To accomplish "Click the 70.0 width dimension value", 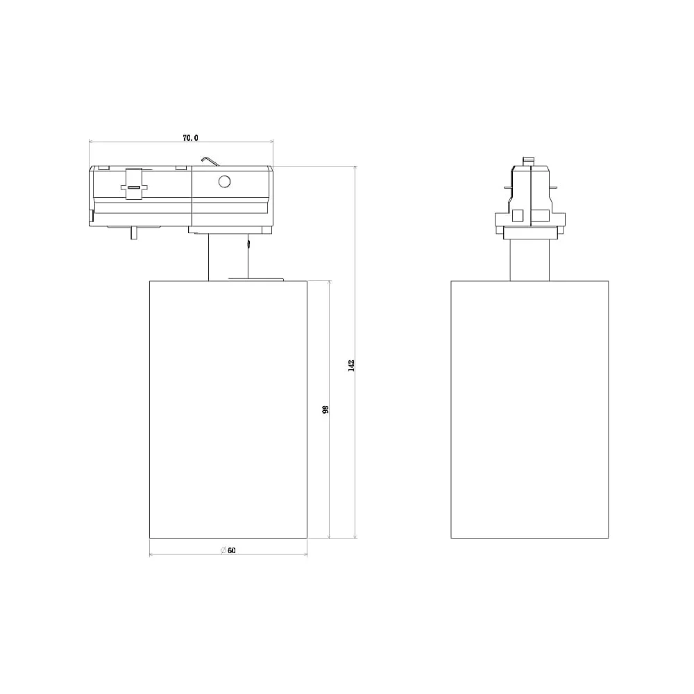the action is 190,137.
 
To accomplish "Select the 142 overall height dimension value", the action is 351,365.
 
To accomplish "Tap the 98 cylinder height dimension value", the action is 325,409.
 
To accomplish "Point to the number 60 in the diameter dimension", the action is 232,550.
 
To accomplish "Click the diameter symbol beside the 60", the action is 223,550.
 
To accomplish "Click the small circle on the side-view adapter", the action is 224,181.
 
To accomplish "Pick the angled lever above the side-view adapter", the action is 210,162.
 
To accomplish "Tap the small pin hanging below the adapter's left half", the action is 133,233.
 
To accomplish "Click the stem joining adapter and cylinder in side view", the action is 228,257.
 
